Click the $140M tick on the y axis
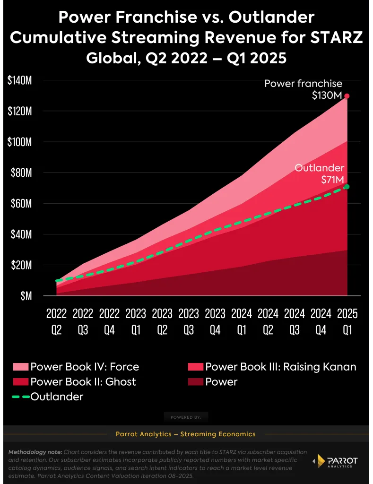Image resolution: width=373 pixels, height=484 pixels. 19,80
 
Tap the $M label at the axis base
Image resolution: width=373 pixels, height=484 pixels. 25,296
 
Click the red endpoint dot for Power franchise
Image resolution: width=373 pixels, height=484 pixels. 347,96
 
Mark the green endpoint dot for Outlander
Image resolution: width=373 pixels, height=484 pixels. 347,187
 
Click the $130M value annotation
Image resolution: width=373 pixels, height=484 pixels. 327,95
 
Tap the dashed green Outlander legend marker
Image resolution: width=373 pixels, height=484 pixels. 20,397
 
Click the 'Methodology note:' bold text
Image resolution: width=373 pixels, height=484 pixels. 35,452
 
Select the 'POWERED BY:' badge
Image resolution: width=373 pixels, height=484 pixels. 186,417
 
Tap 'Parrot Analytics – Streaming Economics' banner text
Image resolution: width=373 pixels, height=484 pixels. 186,434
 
